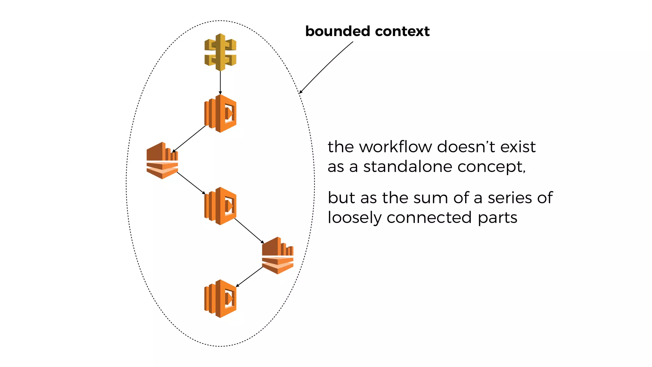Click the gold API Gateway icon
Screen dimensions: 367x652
point(220,52)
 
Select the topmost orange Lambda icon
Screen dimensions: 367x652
point(220,113)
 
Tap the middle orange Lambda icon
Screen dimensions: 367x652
point(220,206)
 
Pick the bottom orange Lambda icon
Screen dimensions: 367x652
point(220,299)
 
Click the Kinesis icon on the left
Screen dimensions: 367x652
point(162,161)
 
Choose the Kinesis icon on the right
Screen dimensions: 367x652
point(278,255)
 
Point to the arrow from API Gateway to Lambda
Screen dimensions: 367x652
point(220,82)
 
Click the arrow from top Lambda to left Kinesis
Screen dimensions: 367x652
point(189,139)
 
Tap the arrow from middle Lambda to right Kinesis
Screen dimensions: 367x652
point(249,231)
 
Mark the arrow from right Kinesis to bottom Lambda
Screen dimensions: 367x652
point(249,277)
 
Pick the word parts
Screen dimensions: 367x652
point(497,218)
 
